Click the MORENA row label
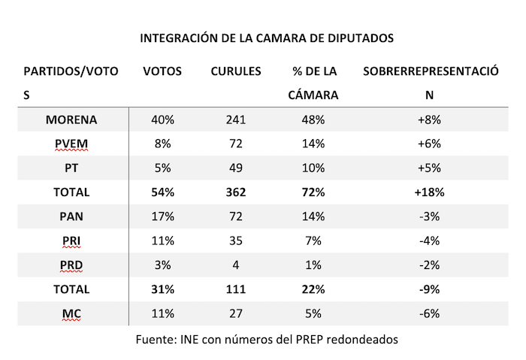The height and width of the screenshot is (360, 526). (x=71, y=119)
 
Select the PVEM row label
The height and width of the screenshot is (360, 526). (x=71, y=144)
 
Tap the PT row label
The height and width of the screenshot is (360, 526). (x=71, y=168)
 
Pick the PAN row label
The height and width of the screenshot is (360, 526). (x=71, y=216)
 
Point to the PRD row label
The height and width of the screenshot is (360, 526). (x=71, y=265)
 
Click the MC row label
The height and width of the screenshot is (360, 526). (x=71, y=313)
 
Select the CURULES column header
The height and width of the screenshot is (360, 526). (x=236, y=71)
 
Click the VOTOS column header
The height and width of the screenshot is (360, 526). (x=162, y=71)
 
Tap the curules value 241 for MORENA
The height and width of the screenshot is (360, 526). (x=237, y=119)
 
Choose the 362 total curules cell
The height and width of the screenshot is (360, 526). (x=237, y=192)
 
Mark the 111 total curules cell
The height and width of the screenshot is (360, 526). (x=237, y=289)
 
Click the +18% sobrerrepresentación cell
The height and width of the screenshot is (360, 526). (x=430, y=192)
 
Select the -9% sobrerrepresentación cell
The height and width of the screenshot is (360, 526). (x=430, y=289)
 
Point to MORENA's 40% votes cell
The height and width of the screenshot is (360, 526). (x=163, y=119)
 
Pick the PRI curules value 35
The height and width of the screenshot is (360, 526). (x=237, y=241)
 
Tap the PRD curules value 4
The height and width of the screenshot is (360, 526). (x=237, y=265)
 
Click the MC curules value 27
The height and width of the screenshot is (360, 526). (x=237, y=313)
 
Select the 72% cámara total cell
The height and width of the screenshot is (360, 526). (x=313, y=192)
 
